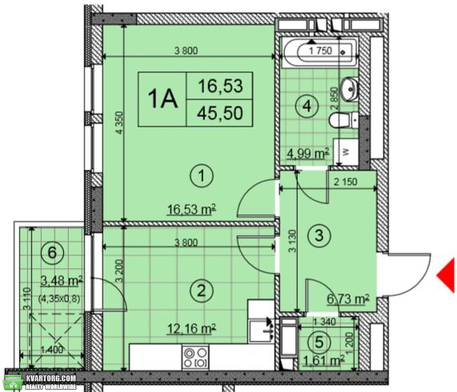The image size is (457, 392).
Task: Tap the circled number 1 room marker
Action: (202, 176)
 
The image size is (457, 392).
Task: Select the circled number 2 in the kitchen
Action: (202, 291)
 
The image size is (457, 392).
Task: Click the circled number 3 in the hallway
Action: (320, 235)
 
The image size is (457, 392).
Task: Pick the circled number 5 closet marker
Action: (320, 342)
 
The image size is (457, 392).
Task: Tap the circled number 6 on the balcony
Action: (52, 252)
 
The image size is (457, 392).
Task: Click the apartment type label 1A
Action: (163, 99)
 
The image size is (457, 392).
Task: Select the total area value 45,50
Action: (220, 113)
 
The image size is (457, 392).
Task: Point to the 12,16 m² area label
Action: (191, 329)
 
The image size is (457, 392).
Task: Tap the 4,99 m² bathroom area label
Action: (307, 153)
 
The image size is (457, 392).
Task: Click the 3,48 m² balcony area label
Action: (62, 281)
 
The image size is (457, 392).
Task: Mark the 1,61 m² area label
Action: (323, 361)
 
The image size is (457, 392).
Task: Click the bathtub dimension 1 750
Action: (320, 51)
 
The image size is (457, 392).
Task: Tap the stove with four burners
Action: (196, 358)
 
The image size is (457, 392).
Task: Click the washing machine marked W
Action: (346, 151)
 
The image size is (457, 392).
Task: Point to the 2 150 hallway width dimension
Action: (345, 182)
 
